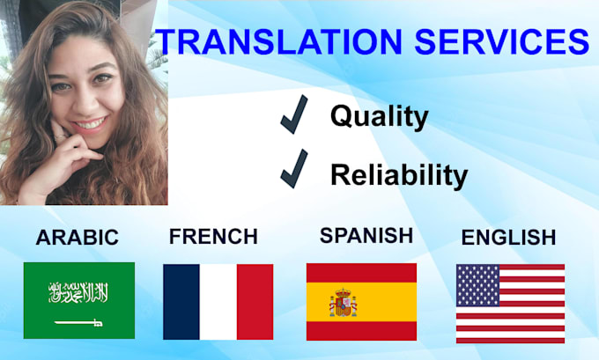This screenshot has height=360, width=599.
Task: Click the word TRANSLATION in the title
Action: (255, 42)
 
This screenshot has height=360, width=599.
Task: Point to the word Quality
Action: (379, 116)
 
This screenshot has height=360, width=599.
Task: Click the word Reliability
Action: (398, 175)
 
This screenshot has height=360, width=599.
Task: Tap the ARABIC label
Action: (78, 238)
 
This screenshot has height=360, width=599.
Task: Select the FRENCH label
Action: (213, 237)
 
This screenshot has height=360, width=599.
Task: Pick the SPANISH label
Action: (366, 235)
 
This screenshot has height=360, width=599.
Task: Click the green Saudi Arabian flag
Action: (79, 300)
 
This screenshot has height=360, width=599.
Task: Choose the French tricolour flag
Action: (218, 301)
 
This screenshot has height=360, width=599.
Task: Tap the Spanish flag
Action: (361, 301)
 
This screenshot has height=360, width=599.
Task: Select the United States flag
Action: (510, 303)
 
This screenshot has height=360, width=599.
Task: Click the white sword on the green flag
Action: (80, 323)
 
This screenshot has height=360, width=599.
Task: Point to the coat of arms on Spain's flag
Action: (343, 304)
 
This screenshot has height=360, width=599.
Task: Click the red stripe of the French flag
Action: (255, 301)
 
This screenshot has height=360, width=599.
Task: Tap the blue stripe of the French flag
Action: (181, 301)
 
